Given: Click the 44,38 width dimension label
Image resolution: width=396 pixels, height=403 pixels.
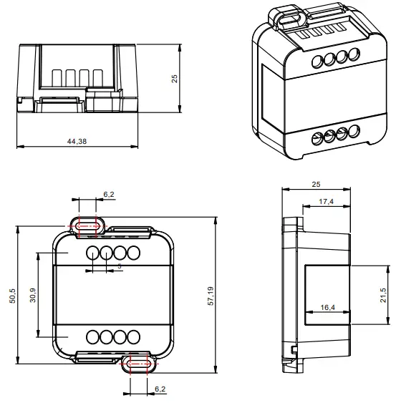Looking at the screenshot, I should pyautogui.click(x=77, y=142).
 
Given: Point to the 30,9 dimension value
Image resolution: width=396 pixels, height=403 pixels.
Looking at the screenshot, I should pyautogui.click(x=33, y=294).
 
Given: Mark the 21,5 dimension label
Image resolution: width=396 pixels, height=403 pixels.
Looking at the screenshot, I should pyautogui.click(x=383, y=294).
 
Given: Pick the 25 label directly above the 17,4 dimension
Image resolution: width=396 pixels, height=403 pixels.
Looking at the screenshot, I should pyautogui.click(x=316, y=185).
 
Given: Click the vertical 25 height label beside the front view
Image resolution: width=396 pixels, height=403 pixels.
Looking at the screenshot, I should pyautogui.click(x=174, y=78).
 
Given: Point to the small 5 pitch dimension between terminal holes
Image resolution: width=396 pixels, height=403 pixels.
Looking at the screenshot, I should pyautogui.click(x=119, y=266).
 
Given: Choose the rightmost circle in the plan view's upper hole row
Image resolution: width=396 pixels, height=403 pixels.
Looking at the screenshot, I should pyautogui.click(x=132, y=253).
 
